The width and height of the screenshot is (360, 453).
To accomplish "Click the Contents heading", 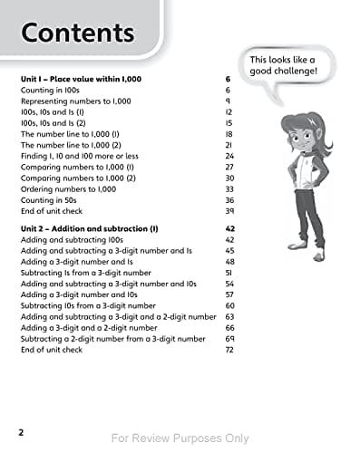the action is (x=77, y=34).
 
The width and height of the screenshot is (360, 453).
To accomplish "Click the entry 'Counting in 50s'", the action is (x=51, y=201).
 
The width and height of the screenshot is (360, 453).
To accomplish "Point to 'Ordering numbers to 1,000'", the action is (x=69, y=189).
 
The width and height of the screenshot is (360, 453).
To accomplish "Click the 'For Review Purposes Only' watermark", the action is (x=180, y=439).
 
